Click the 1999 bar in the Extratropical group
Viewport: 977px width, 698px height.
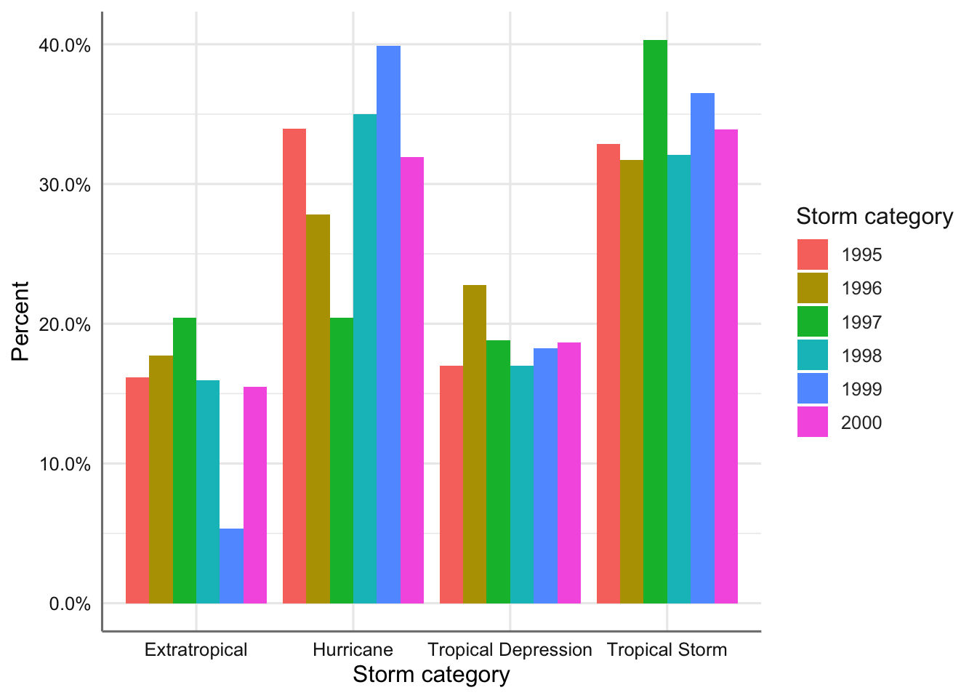[x=231, y=566]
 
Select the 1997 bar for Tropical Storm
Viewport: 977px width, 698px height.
[x=655, y=321]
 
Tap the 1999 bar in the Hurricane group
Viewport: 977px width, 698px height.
[x=388, y=324]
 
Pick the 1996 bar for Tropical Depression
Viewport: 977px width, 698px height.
[x=475, y=444]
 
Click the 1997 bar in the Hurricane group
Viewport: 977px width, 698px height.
[x=341, y=460]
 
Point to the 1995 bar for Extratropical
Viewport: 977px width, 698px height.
[x=137, y=490]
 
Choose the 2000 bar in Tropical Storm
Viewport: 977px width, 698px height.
[x=726, y=366]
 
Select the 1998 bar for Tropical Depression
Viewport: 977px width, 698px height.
[x=522, y=484]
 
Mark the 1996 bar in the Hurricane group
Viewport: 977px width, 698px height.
[x=318, y=409]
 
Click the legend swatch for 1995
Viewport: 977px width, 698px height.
[x=812, y=254]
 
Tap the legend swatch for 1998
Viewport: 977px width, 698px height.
[x=812, y=356]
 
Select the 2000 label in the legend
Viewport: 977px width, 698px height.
[x=861, y=423]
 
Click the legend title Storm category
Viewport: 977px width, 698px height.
[x=874, y=217]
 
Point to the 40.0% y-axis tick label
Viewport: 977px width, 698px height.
[x=65, y=46]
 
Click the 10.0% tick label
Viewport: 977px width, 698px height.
[x=65, y=464]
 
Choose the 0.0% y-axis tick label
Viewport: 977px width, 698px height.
[x=70, y=604]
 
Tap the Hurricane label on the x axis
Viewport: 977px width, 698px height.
[x=353, y=650]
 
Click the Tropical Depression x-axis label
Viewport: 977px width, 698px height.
[x=510, y=650]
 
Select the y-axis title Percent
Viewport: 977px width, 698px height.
[x=20, y=321]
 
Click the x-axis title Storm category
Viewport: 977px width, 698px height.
[x=431, y=675]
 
